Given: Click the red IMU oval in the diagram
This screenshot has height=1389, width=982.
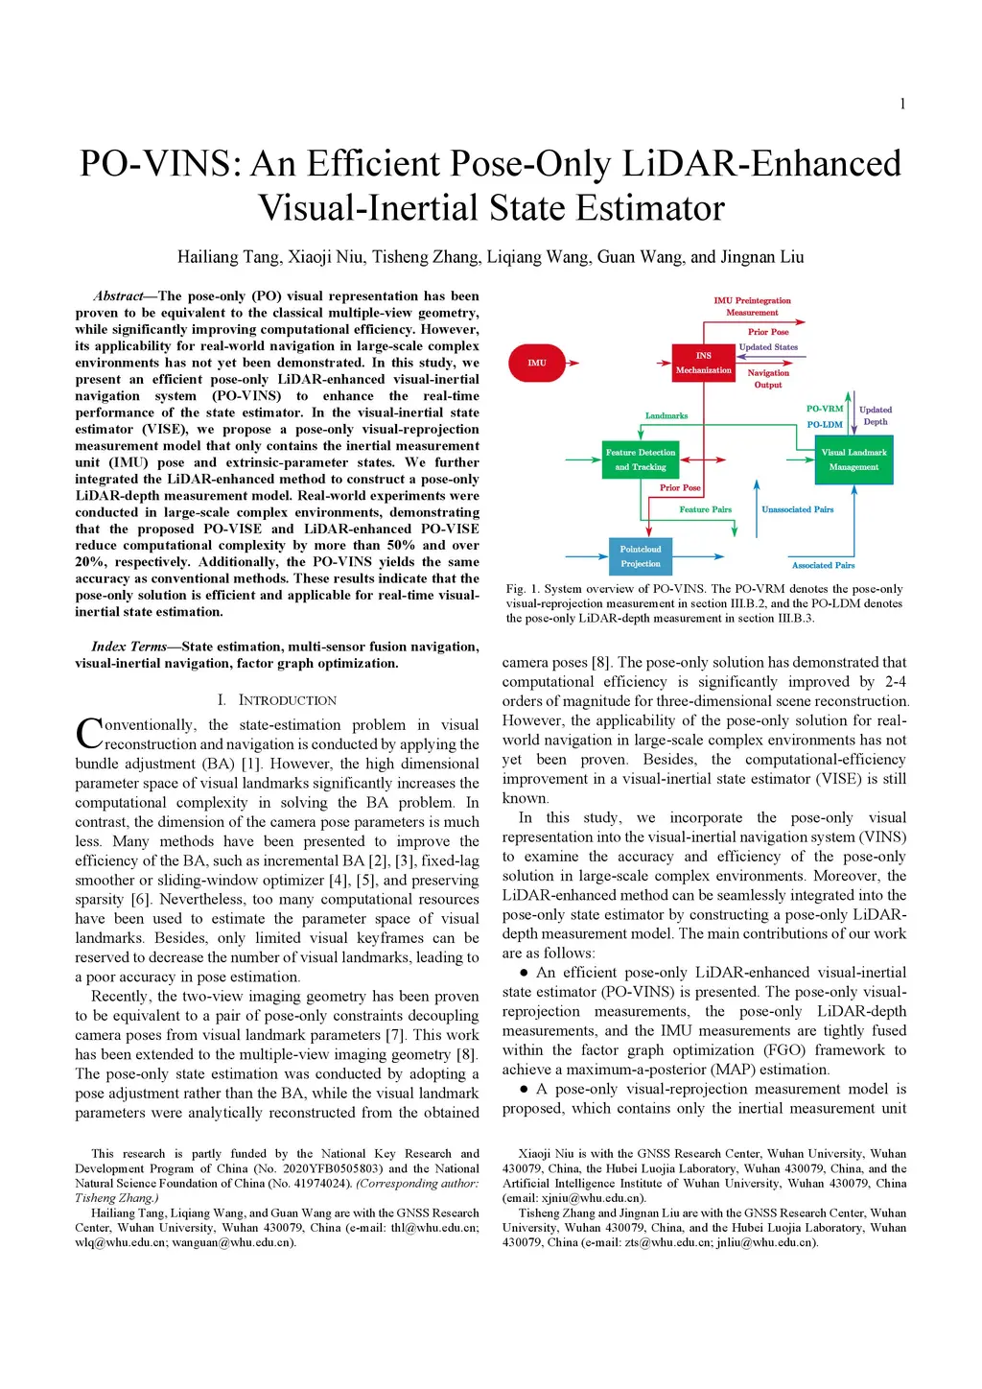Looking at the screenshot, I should coord(537,363).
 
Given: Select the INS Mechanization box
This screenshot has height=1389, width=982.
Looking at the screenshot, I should coord(703,363).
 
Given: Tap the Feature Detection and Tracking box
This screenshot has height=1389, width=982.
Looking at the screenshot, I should coord(641,459).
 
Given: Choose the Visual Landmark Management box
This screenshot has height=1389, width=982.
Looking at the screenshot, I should coord(853,459).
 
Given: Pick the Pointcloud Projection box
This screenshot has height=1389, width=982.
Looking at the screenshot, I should coord(641,556).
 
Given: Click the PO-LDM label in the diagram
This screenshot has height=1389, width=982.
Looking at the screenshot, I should coord(825,424).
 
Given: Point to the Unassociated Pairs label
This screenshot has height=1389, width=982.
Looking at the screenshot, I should coord(797,509).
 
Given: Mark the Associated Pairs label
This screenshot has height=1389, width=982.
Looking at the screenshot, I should coord(823,565).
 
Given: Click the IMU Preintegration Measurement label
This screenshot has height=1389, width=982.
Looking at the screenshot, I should coord(752,306).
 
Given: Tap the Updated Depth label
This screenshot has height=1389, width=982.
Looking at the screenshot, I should coord(876,415).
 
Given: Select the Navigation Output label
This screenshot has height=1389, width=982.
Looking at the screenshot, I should coord(768,379).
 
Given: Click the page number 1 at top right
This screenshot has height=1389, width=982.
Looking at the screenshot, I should coord(902,105).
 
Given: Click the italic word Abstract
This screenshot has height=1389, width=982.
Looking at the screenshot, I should coord(118,296).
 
